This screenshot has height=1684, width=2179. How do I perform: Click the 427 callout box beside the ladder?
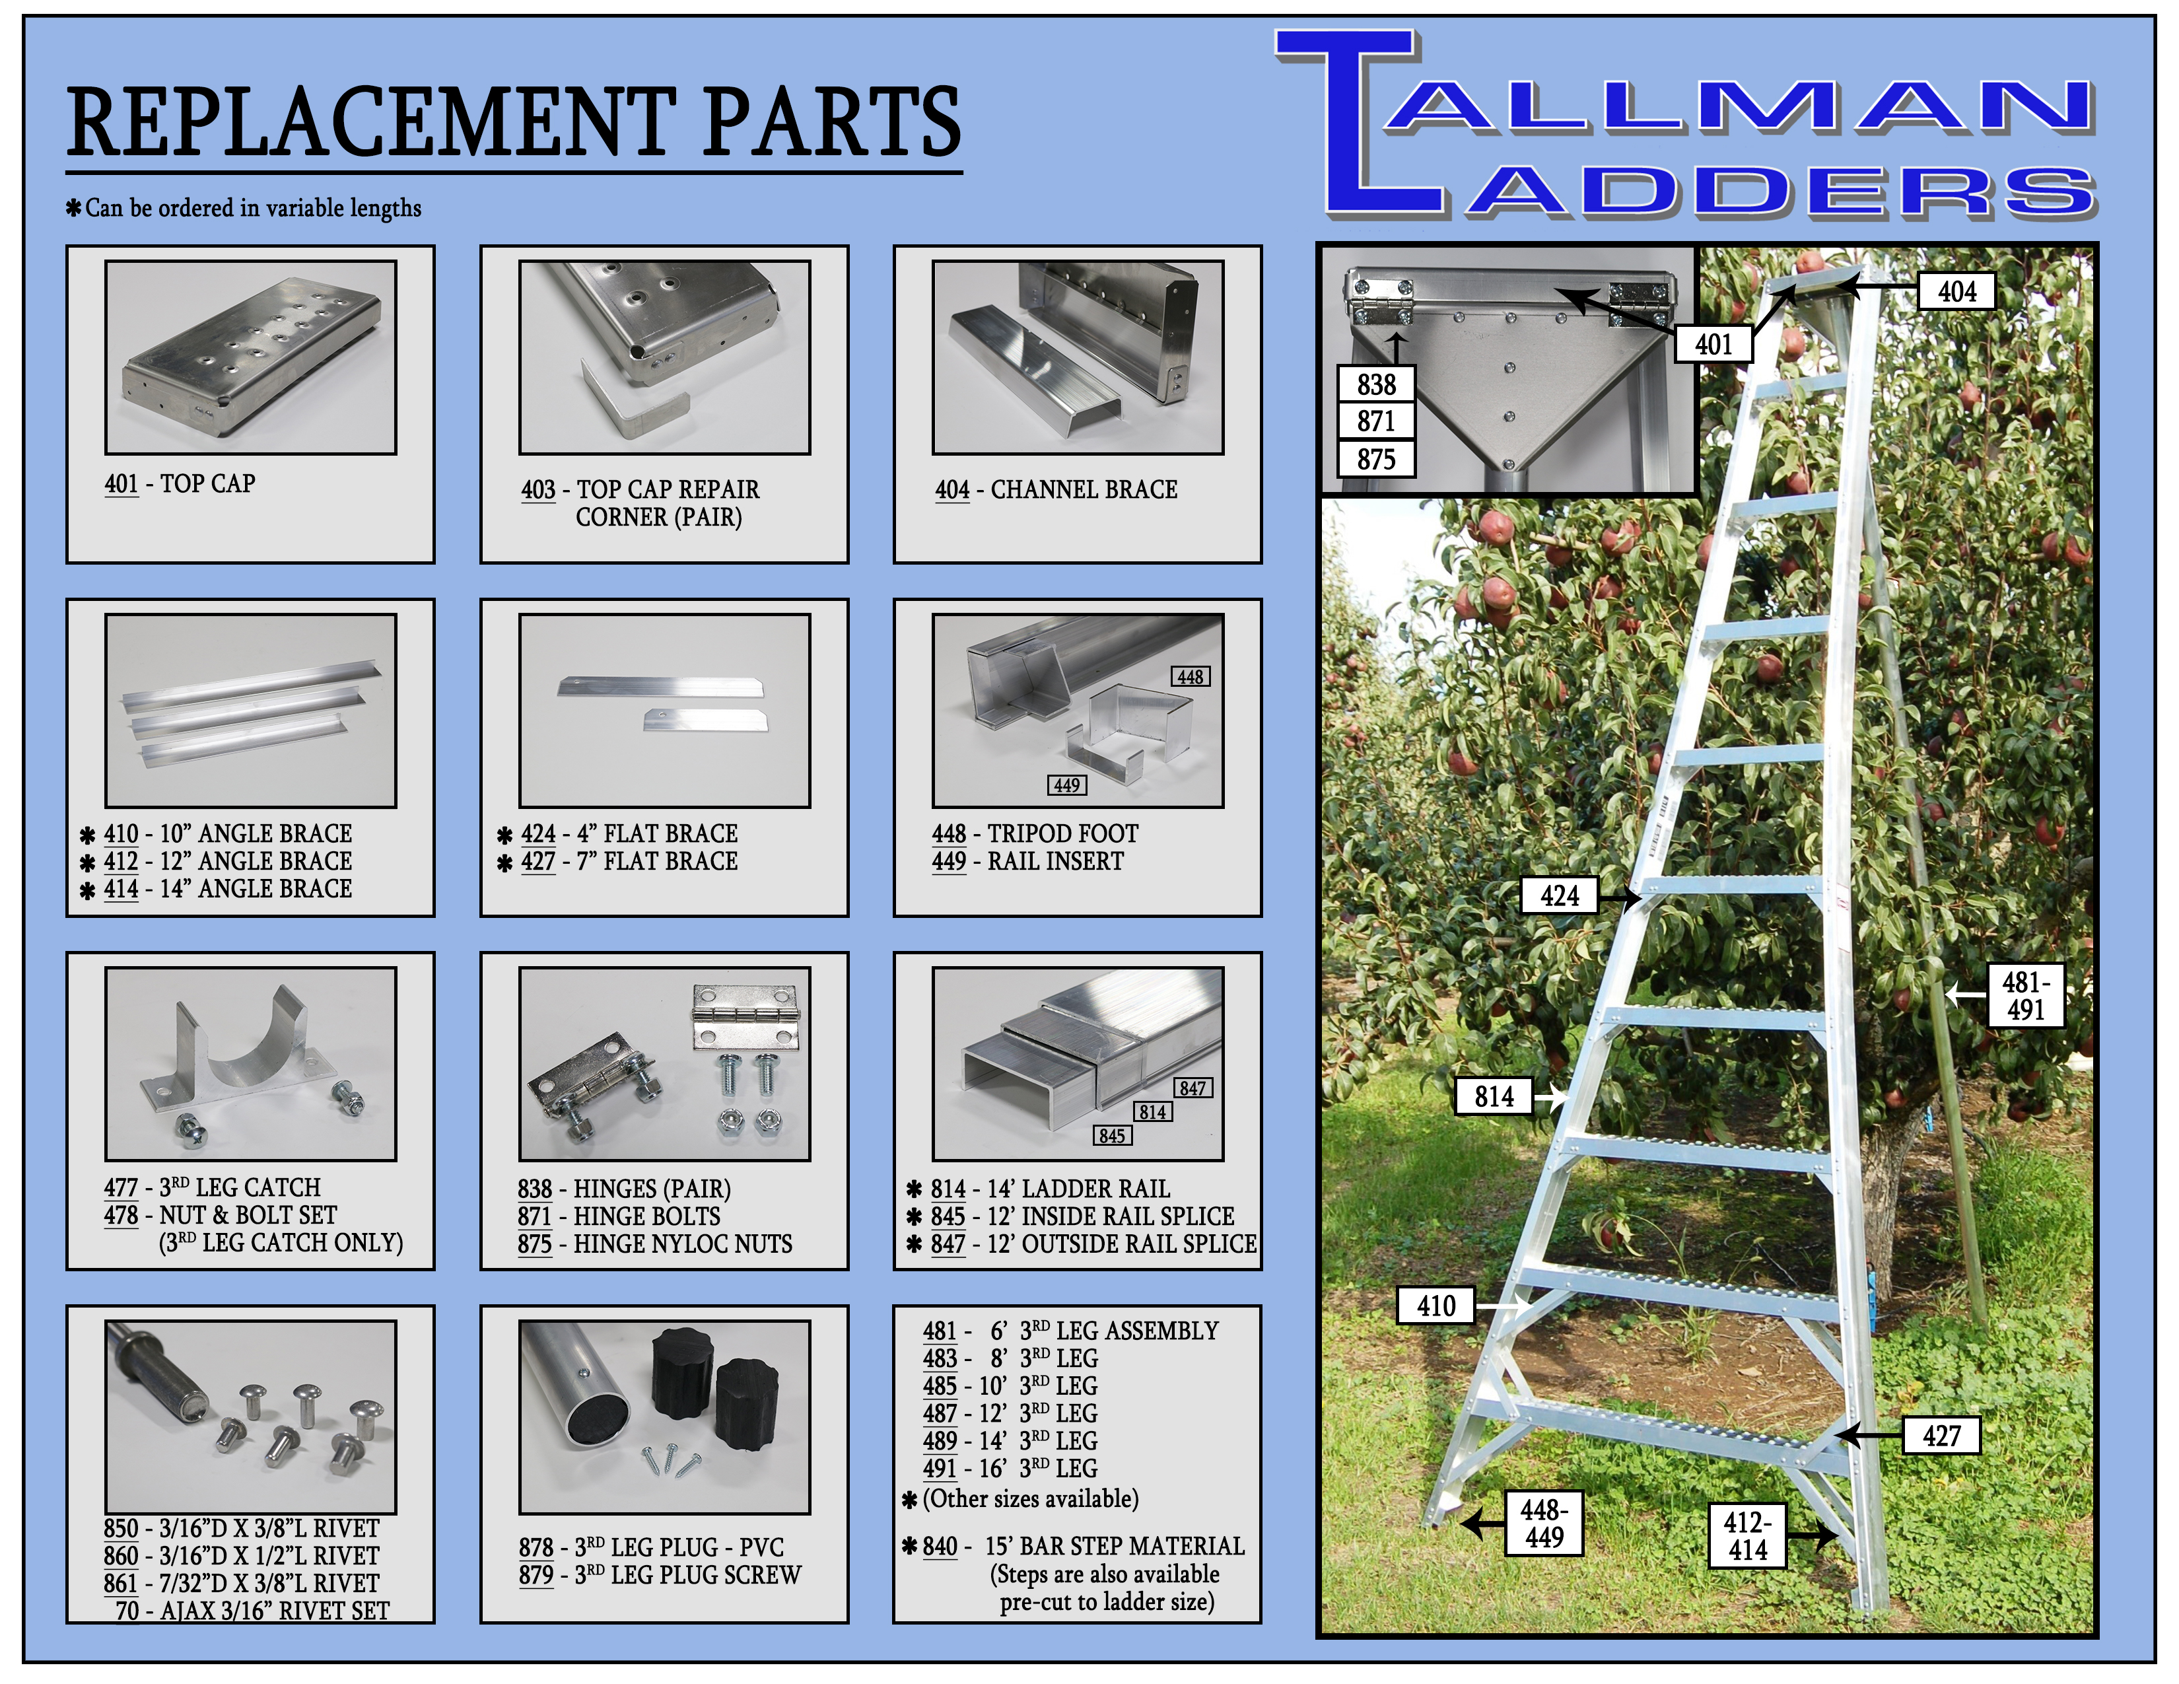1941,1436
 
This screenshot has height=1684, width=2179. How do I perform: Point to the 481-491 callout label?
2024,996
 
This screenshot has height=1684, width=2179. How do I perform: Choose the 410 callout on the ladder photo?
1435,1305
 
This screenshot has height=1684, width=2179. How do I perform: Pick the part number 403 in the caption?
537,490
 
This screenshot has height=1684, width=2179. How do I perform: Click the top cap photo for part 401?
250,357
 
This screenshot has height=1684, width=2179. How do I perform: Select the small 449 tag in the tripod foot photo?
1066,785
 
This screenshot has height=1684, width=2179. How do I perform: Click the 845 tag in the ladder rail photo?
1111,1135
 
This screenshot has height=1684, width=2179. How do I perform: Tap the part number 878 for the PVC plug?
536,1547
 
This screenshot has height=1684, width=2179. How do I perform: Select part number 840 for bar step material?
939,1547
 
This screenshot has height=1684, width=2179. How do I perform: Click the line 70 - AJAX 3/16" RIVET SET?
252,1610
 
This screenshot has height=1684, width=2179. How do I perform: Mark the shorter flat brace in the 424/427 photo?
705,719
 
